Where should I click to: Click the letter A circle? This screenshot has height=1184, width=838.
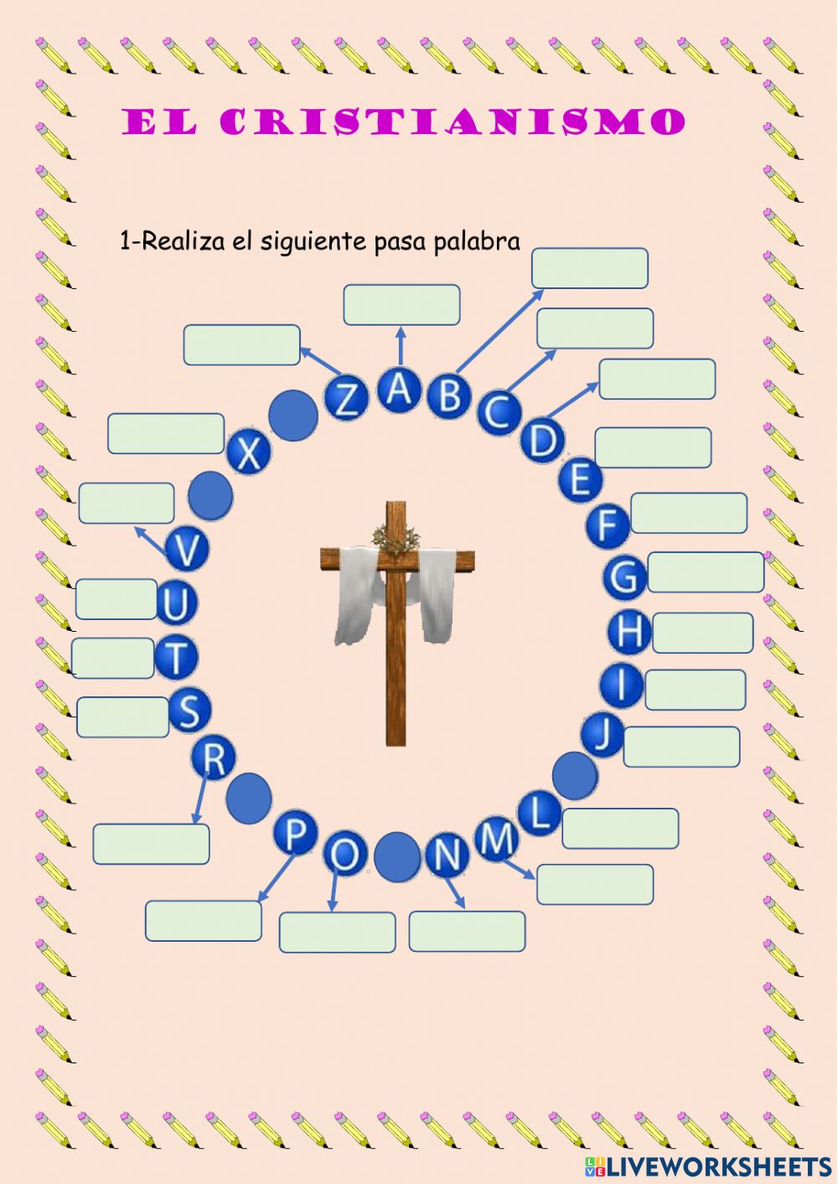pos(400,390)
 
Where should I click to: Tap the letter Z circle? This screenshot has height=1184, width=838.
pos(346,398)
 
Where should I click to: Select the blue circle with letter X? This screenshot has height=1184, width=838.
pos(249,452)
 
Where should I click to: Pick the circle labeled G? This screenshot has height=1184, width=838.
pos(624,576)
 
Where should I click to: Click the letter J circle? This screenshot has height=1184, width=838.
pos(603,734)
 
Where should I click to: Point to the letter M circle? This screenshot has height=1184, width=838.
pos(498,837)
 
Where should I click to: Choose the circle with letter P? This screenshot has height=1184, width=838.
pos(295,834)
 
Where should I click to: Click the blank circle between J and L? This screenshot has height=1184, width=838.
pos(575,775)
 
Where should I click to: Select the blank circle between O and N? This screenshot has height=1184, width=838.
pos(396,856)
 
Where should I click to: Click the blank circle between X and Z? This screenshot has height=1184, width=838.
pos(294,416)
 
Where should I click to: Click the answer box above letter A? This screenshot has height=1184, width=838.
pos(401,305)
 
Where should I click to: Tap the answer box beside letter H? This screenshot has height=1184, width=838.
pos(702,633)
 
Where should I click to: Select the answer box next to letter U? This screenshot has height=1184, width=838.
pos(116,599)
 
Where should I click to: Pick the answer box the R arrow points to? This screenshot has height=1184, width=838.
pos(151,844)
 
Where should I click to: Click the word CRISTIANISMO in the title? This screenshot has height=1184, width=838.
pos(453,122)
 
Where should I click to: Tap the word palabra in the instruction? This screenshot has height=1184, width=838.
pos(477,242)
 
